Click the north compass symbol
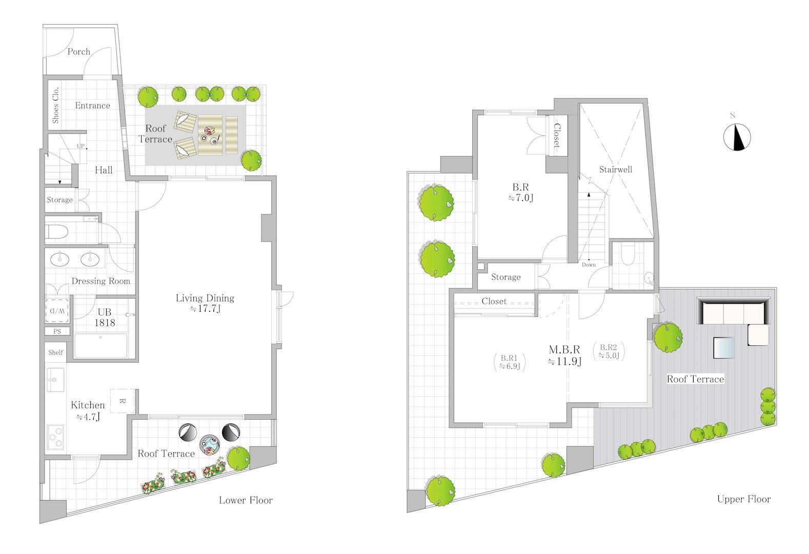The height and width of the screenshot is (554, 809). tap(737, 137)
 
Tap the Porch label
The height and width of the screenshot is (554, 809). tap(79, 52)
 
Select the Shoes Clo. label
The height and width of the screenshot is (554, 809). tap(55, 105)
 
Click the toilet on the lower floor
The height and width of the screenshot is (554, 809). tap(56, 232)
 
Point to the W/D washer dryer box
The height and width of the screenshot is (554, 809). tap(57, 310)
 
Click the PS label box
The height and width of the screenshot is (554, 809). tap(57, 331)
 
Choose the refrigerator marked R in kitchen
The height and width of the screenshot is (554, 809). tap(123, 401)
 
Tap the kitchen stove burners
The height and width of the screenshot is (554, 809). tap(55, 437)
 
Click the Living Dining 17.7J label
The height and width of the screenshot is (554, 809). tap(205, 303)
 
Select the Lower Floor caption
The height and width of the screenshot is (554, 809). tap(246, 500)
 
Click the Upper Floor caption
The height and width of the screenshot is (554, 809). tap(743, 499)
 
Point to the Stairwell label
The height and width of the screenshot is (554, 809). tap(615, 169)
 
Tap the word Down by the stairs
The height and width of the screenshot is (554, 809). tap(589, 265)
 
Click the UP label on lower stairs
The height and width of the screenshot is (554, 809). tap(80, 146)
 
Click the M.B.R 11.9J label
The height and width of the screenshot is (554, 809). tap(564, 355)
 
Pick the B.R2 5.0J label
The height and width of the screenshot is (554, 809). tap(609, 351)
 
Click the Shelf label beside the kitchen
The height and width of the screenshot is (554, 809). tap(55, 352)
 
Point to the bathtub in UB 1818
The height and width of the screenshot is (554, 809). tap(101, 346)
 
